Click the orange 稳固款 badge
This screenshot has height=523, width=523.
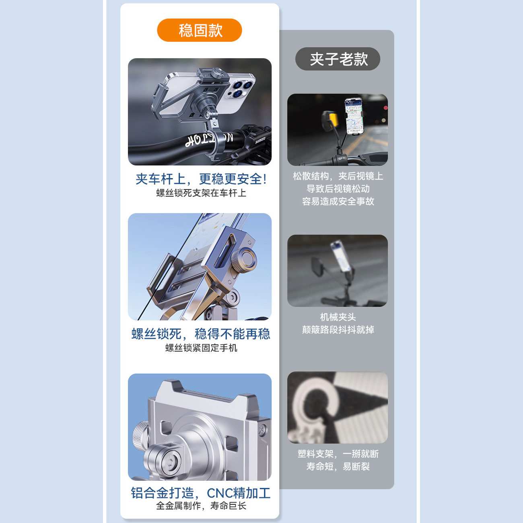pos(200,30)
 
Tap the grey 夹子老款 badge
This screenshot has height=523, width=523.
pos(338,59)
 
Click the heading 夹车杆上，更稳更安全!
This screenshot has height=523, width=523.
pos(201,179)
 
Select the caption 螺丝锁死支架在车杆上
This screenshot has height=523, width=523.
pos(201,193)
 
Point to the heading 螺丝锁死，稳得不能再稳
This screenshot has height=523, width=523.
pos(201,334)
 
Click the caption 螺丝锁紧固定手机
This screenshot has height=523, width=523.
pos(201,348)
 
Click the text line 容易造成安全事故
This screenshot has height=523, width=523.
pos(338,202)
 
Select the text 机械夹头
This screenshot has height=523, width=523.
pos(338,317)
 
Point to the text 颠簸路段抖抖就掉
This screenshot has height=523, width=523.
pos(338,330)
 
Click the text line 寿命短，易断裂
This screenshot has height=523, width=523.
pos(338,467)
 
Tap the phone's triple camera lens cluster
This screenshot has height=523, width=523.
pos(241,89)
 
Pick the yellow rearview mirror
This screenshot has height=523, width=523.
pos(330,120)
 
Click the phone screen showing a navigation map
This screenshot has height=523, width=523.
pos(354,115)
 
